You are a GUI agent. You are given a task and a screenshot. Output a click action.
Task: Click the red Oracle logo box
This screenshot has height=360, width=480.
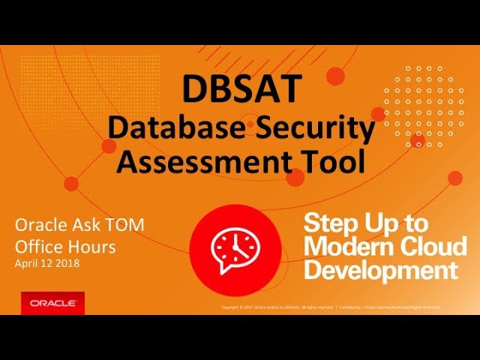tap(52, 303)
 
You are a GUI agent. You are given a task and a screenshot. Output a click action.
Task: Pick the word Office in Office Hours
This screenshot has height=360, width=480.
tap(39, 245)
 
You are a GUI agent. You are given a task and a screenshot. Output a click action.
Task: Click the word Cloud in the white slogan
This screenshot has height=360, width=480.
tap(435, 245)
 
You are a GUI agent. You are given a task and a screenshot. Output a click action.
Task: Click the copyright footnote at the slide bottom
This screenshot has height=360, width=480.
tap(331, 307)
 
